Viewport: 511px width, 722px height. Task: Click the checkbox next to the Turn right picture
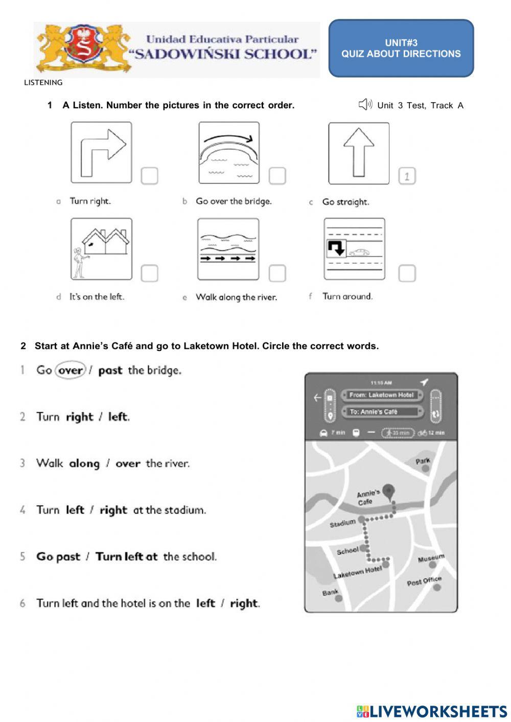[149, 176]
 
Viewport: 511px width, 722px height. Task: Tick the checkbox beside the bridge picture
[277, 176]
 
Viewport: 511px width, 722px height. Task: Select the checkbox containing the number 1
[407, 176]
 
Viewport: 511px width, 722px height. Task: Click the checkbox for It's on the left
[149, 273]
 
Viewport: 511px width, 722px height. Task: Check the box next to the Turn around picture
[407, 273]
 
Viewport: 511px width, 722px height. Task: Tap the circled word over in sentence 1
[71, 370]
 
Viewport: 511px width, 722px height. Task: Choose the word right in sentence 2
[80, 417]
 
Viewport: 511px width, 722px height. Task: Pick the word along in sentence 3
[84, 463]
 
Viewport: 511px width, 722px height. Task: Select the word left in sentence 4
[75, 510]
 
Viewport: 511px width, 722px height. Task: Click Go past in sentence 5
[58, 556]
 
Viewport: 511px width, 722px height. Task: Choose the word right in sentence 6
[244, 603]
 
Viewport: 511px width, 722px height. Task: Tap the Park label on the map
[423, 461]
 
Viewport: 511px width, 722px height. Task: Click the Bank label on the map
[330, 593]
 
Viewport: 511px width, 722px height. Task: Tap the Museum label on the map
[431, 558]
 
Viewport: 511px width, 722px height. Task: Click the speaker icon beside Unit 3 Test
[365, 105]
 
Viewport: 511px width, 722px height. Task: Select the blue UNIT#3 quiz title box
[401, 49]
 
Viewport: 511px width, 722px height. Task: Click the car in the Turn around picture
[359, 252]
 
